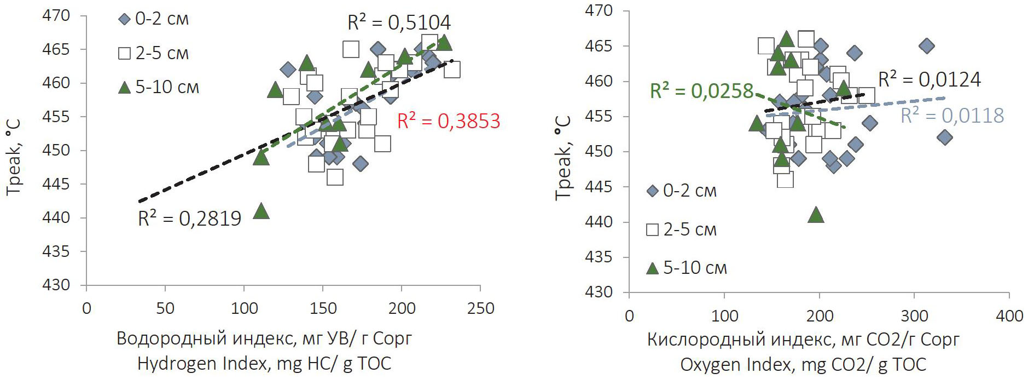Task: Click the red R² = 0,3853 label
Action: point(449,121)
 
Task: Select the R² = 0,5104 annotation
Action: point(399,22)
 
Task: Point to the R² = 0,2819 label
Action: point(189,219)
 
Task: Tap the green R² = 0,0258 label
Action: point(701,91)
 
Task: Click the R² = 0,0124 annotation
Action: point(929,79)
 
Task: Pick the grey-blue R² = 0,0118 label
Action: point(952,116)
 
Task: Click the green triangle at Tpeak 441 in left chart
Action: point(262,211)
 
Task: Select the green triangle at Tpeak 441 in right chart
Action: point(816,215)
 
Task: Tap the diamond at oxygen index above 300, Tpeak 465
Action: point(926,46)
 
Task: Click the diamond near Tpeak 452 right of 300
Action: point(944,137)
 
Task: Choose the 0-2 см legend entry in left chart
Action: point(154,19)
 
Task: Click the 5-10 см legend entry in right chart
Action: point(687,268)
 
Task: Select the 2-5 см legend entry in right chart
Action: point(682,229)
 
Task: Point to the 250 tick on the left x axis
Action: point(480,308)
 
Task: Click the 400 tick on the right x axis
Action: point(1009,316)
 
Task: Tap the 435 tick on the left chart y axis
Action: point(56,251)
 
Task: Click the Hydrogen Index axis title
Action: point(264,363)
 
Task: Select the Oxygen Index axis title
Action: point(803,364)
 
